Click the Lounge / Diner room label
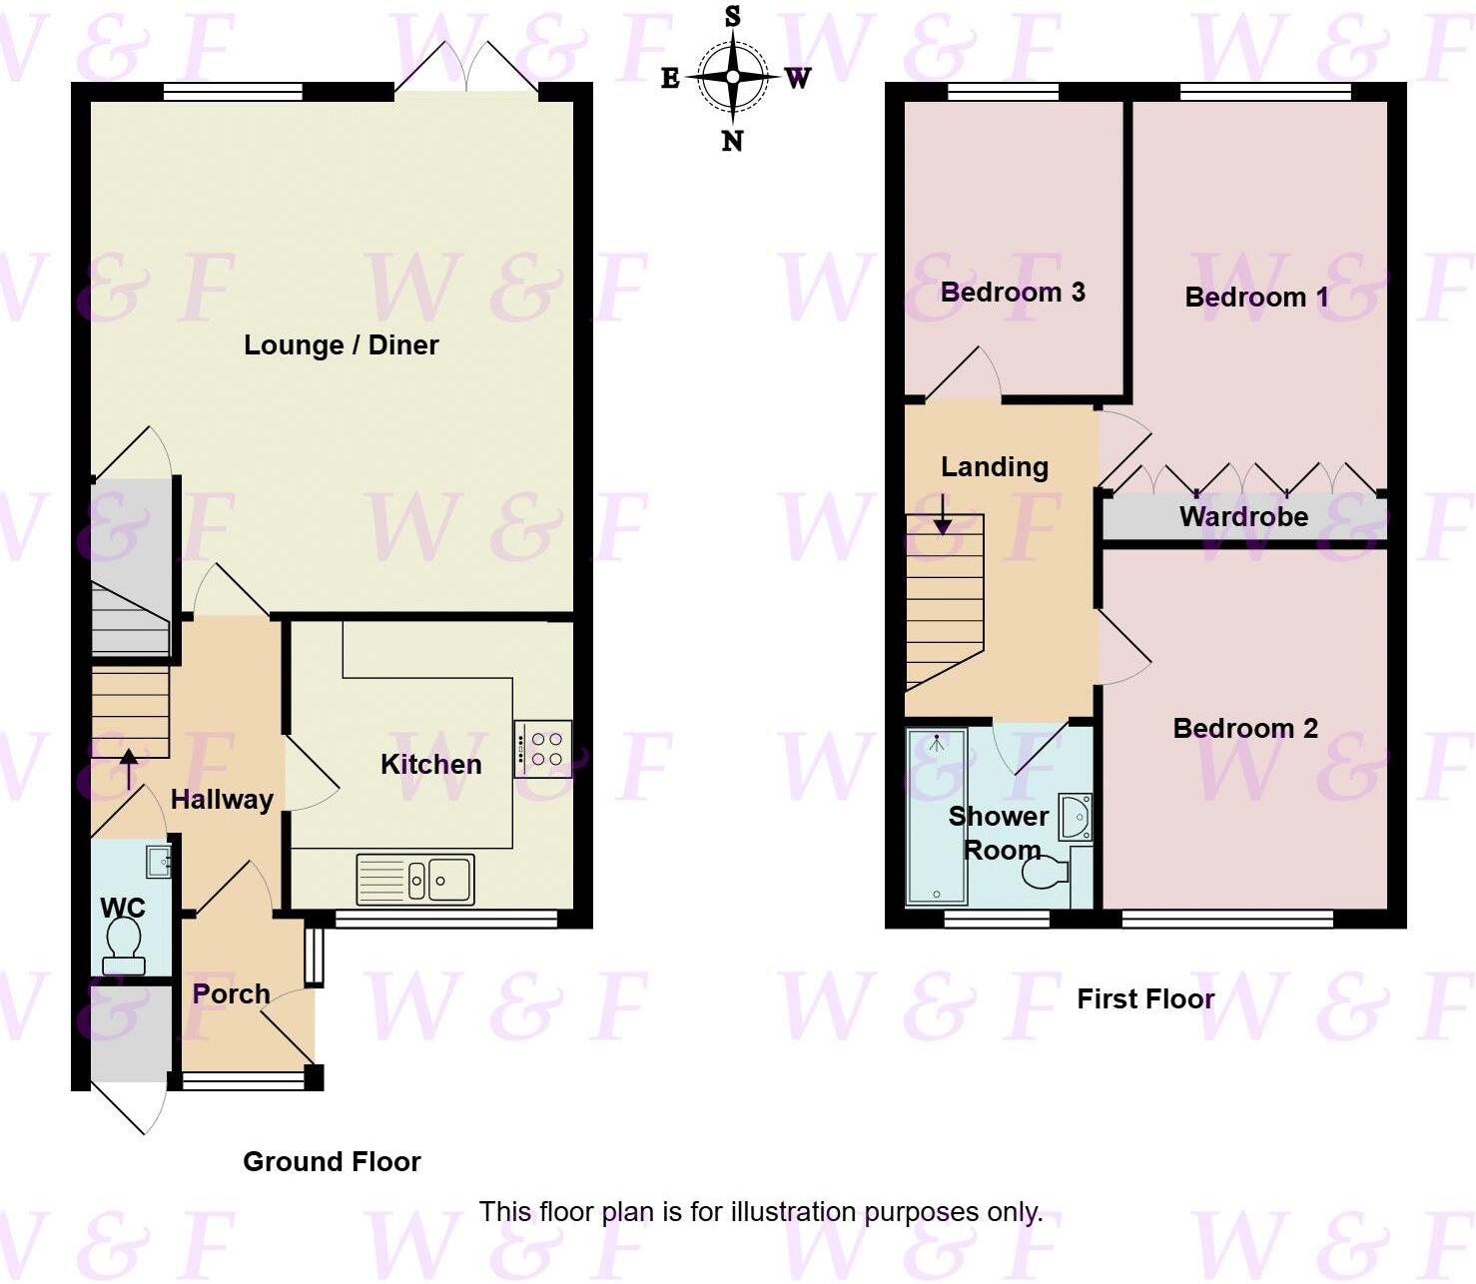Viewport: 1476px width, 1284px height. point(342,345)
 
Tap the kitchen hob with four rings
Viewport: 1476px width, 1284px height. point(543,749)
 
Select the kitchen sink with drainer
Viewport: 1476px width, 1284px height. point(414,880)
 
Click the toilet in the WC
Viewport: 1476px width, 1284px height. point(124,943)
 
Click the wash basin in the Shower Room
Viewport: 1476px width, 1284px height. point(1076,818)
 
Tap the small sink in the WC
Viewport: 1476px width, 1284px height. point(158,861)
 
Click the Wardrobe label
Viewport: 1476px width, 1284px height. point(1243,517)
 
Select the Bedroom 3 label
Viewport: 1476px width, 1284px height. point(1013,293)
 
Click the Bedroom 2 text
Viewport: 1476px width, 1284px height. point(1245,729)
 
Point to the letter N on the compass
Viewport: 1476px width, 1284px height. point(732,142)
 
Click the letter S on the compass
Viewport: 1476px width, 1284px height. point(733,16)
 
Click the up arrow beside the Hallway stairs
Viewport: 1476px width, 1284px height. point(129,770)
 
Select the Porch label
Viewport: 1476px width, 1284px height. point(231,994)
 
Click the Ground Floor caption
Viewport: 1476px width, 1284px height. point(332,1162)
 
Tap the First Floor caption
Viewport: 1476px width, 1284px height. point(1145,999)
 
